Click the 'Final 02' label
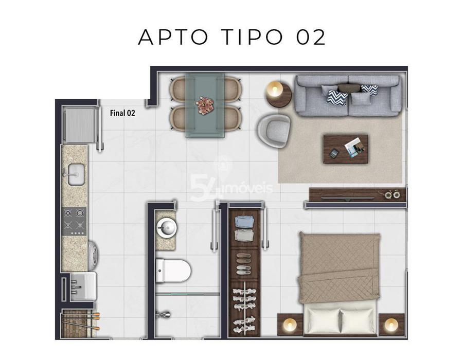pyautogui.click(x=122, y=113)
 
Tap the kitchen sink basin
pyautogui.click(x=77, y=174)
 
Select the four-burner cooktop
pyautogui.click(x=74, y=221)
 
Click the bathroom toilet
pyautogui.click(x=173, y=271)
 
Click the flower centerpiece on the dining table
pyautogui.click(x=204, y=104)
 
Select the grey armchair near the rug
pyautogui.click(x=274, y=130)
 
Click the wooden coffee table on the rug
pyautogui.click(x=346, y=149)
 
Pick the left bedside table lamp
pyautogui.click(x=290, y=325)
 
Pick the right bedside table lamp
pyautogui.click(x=391, y=325)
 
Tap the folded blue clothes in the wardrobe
pyautogui.click(x=244, y=221)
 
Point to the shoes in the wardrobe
pyautogui.click(x=244, y=263)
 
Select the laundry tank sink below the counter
pyautogui.click(x=83, y=286)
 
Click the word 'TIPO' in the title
pyautogui.click(x=251, y=37)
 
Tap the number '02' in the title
pyautogui.click(x=311, y=37)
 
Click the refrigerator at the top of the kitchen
pyautogui.click(x=80, y=125)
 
